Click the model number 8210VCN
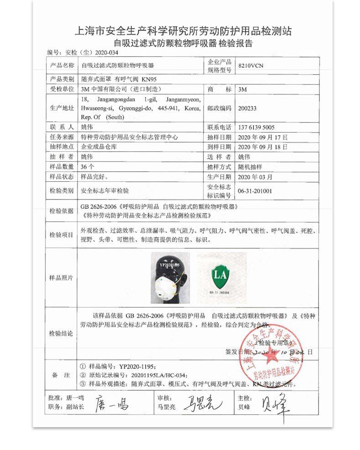[x=251, y=66]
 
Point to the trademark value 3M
[x=242, y=89]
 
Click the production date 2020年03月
[x=255, y=176]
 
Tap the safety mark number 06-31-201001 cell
[x=255, y=191]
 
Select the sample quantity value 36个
[x=87, y=166]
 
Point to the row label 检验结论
[x=61, y=334]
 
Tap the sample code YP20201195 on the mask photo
[x=170, y=264]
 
